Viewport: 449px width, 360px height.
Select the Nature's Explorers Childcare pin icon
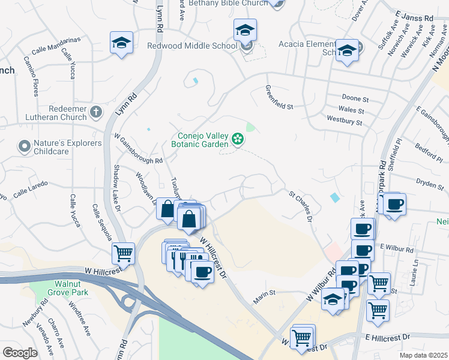click(24, 146)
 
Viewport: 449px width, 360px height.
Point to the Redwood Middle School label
click(192, 46)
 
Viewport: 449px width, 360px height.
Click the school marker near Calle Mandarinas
click(121, 43)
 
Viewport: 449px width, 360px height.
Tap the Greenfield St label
click(279, 97)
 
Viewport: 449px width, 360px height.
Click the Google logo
click(20, 353)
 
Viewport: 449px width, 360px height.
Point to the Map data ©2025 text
click(423, 355)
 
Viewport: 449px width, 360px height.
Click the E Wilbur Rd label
click(396, 249)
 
